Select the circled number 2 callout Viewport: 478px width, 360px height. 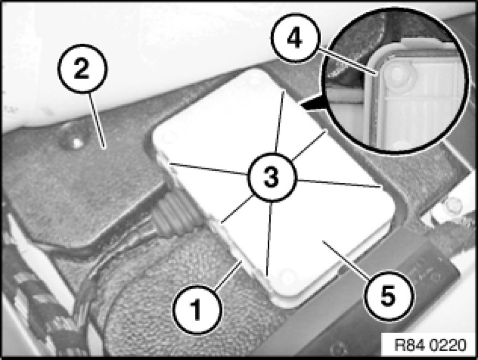82,69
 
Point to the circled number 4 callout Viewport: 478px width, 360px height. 295,39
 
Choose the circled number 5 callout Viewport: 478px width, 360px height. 388,296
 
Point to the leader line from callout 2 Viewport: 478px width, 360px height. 97,121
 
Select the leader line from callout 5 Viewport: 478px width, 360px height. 347,259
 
